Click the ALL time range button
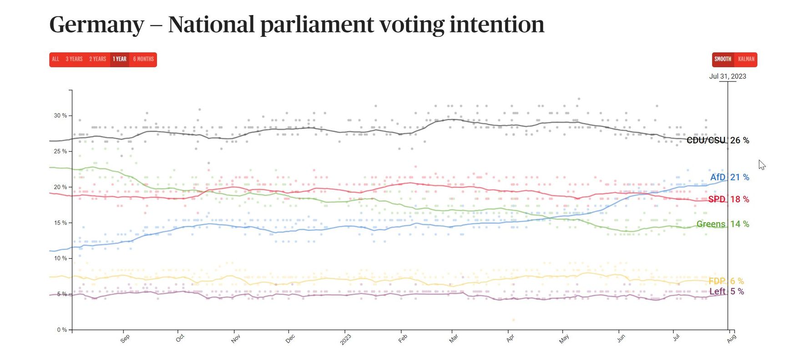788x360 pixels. click(x=56, y=59)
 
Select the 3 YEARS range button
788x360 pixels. click(x=74, y=59)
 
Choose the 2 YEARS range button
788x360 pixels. click(x=97, y=59)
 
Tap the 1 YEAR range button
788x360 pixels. click(x=120, y=59)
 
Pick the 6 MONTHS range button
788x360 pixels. click(x=143, y=59)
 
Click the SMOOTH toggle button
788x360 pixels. click(x=722, y=59)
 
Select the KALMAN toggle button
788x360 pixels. click(x=746, y=59)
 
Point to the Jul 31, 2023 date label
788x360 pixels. click(x=727, y=76)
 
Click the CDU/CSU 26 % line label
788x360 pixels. click(x=717, y=141)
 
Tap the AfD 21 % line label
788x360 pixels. click(x=729, y=177)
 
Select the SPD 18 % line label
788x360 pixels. click(x=728, y=199)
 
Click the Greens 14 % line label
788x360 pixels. click(x=722, y=224)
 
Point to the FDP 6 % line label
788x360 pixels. click(x=726, y=281)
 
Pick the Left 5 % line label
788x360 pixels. click(x=727, y=291)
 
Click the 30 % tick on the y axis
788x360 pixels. click(x=61, y=116)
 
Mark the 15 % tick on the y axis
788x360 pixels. click(x=61, y=223)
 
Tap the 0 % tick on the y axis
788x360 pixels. click(x=62, y=330)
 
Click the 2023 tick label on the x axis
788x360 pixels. click(x=345, y=340)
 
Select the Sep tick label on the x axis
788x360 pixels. click(x=125, y=338)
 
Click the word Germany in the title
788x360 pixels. click(x=96, y=24)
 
